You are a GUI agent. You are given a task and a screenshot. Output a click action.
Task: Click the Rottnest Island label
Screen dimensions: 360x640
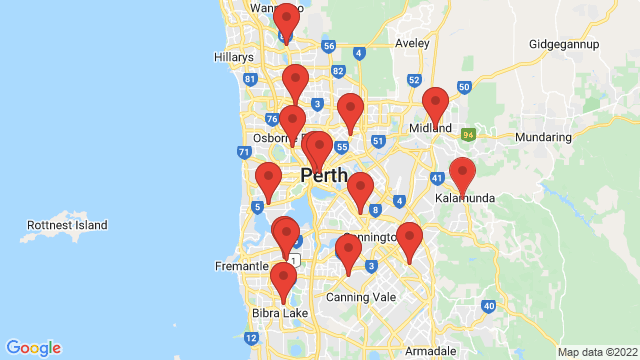[x=67, y=225]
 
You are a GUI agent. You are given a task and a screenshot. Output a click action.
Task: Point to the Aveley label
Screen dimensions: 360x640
[x=411, y=44]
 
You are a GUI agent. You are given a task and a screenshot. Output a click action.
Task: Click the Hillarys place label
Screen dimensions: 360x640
[x=234, y=58]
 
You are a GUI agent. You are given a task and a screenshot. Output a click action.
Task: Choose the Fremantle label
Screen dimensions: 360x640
[x=242, y=266]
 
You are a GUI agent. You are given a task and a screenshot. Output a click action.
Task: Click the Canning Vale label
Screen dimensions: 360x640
[x=361, y=297]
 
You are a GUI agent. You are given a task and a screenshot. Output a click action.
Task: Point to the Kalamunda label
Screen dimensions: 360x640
[x=465, y=198]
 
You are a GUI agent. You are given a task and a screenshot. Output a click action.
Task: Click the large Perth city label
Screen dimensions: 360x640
[x=324, y=176]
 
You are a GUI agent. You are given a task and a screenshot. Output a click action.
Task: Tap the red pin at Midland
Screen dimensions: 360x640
[x=435, y=104]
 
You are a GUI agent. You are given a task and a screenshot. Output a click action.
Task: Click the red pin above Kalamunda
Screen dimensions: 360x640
[x=462, y=174]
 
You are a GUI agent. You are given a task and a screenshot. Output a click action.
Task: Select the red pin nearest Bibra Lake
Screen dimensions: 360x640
[x=284, y=280]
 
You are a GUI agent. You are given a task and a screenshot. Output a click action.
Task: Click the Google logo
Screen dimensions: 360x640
[x=33, y=347]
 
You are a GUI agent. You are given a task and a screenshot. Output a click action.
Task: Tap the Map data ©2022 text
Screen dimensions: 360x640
[x=596, y=352]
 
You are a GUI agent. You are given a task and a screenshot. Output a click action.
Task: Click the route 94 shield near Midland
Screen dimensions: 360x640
[x=467, y=131]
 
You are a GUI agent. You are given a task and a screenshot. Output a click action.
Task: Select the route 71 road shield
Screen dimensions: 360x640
[x=243, y=152]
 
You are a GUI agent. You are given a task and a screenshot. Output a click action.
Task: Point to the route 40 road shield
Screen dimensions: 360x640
[x=488, y=305]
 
